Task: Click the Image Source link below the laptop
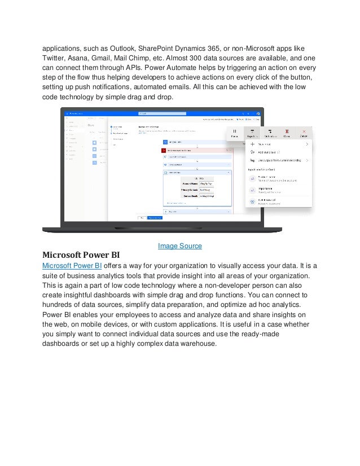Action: click(x=179, y=246)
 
